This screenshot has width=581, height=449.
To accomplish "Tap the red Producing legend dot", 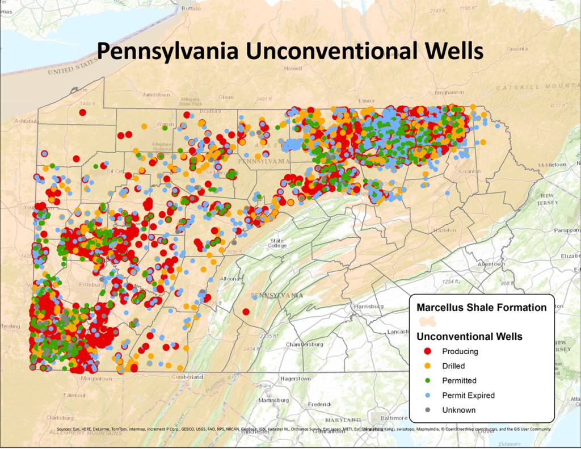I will [428, 351].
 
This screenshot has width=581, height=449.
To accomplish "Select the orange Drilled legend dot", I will [428, 366].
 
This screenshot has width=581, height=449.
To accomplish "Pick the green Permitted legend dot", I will [428, 381].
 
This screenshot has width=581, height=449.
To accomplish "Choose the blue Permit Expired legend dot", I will [428, 395].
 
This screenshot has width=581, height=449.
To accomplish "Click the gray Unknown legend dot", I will [428, 410].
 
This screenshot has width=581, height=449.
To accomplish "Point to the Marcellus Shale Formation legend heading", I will [481, 308].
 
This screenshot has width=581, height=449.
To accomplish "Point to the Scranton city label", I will [470, 171].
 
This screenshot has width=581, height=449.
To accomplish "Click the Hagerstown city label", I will [296, 379].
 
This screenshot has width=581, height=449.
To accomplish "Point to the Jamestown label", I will [156, 95].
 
